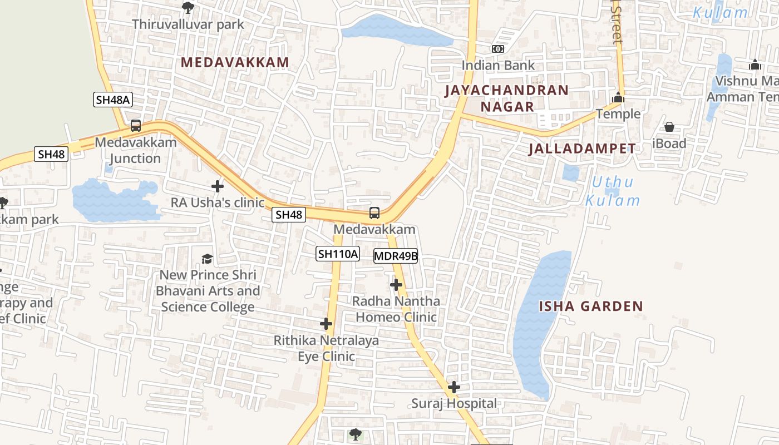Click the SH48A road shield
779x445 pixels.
(x=112, y=100)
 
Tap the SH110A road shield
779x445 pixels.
(x=338, y=254)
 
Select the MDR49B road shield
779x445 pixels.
(x=396, y=256)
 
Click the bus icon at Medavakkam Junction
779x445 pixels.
(x=136, y=126)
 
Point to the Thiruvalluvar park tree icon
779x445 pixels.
(x=188, y=8)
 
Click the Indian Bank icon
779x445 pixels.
(x=498, y=49)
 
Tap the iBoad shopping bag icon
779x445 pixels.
(x=669, y=127)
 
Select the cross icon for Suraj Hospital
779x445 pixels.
(x=454, y=387)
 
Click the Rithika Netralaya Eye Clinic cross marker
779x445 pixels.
(x=326, y=324)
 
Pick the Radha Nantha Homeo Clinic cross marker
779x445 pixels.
(x=396, y=285)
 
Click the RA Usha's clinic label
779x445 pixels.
(x=217, y=202)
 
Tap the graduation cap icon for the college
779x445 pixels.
(x=208, y=259)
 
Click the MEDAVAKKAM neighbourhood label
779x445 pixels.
(x=235, y=62)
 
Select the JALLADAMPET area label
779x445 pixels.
(x=581, y=149)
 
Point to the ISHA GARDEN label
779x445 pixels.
(x=590, y=306)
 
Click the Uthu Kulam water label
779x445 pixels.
(x=613, y=191)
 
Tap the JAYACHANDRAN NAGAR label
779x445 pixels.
(x=507, y=98)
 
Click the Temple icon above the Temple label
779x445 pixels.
(x=618, y=98)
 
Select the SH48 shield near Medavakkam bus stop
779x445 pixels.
(x=289, y=215)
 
